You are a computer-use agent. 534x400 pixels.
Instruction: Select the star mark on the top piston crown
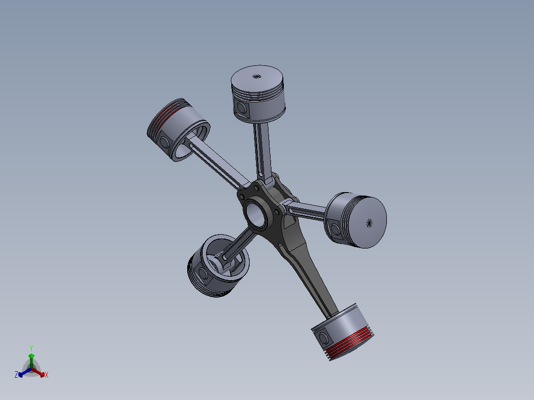256,76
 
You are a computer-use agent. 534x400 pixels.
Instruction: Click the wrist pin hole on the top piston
242,107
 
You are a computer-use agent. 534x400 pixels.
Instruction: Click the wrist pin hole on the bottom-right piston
324,338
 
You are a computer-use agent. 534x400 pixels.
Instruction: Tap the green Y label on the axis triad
31,348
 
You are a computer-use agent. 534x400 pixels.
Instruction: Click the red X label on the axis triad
46,375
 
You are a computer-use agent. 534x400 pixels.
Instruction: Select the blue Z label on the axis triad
16,375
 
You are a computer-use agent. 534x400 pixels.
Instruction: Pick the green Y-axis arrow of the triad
31,359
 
